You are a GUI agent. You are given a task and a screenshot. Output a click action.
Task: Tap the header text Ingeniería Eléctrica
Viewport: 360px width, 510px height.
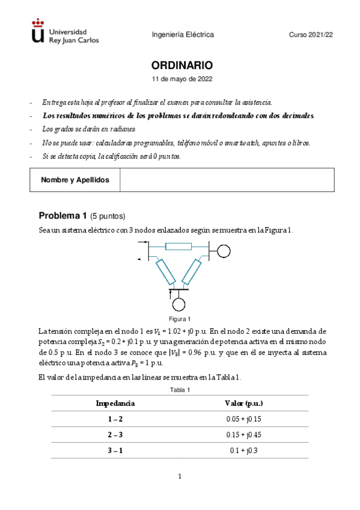(x=183, y=35)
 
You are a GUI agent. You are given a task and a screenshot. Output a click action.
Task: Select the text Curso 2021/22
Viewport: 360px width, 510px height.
(x=311, y=35)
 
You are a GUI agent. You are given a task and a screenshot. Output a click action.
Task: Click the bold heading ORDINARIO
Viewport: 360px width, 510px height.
(x=182, y=65)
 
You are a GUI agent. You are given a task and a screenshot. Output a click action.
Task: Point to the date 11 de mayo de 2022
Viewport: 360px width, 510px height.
(x=182, y=79)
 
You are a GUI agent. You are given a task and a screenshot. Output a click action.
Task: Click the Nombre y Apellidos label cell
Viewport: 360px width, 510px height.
(x=75, y=180)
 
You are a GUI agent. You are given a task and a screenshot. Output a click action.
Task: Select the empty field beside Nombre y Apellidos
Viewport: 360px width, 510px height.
(x=227, y=180)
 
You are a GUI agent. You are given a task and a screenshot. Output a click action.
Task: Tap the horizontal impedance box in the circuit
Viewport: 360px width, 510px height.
(x=178, y=245)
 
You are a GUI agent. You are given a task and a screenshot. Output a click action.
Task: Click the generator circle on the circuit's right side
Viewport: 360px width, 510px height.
(x=223, y=250)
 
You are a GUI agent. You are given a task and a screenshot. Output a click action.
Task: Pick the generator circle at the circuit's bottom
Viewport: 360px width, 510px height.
(x=179, y=304)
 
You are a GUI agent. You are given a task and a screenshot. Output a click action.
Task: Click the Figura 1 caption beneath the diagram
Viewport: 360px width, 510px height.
(x=180, y=319)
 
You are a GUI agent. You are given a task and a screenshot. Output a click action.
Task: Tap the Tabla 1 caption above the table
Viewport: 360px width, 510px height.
(x=180, y=390)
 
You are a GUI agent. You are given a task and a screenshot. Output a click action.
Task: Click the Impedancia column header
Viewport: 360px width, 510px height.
(x=115, y=403)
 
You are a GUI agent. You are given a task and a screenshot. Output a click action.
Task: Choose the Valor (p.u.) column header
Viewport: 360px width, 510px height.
(x=243, y=403)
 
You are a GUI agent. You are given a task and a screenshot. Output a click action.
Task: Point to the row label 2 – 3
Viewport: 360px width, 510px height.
(x=115, y=434)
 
